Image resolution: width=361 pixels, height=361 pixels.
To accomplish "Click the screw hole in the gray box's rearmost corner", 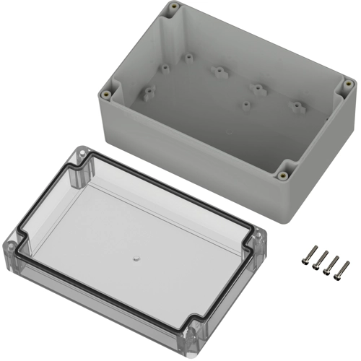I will pos(175,11).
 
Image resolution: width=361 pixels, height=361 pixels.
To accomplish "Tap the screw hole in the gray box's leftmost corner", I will pos(107,93).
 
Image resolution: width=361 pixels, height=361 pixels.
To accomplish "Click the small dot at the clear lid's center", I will pos(136,256).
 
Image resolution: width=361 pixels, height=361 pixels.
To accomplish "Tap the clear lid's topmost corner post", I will pos(81,154).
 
